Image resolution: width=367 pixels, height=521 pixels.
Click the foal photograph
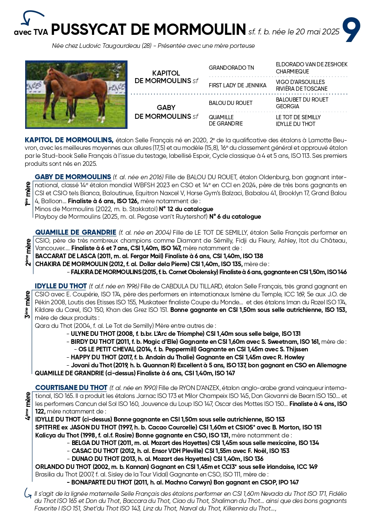pos(76,94)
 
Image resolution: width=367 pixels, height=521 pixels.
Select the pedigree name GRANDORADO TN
pos(231,68)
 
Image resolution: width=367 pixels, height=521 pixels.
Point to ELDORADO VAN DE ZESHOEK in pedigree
pos(312,64)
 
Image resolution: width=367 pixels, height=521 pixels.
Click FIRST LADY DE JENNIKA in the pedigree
pos(237,85)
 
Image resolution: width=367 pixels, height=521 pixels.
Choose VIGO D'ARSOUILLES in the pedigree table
pos(300,82)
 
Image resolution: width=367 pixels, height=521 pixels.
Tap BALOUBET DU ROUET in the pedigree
pos(302,100)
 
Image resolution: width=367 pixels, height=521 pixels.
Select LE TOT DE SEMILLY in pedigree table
pos(298,117)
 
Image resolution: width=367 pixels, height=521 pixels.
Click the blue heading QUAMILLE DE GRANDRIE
pos(75,232)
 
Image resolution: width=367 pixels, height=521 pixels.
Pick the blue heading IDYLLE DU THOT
pos(61,286)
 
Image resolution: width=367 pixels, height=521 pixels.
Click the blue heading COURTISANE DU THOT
pos(71,387)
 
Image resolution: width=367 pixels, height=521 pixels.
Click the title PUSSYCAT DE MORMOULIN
pos(148,29)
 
